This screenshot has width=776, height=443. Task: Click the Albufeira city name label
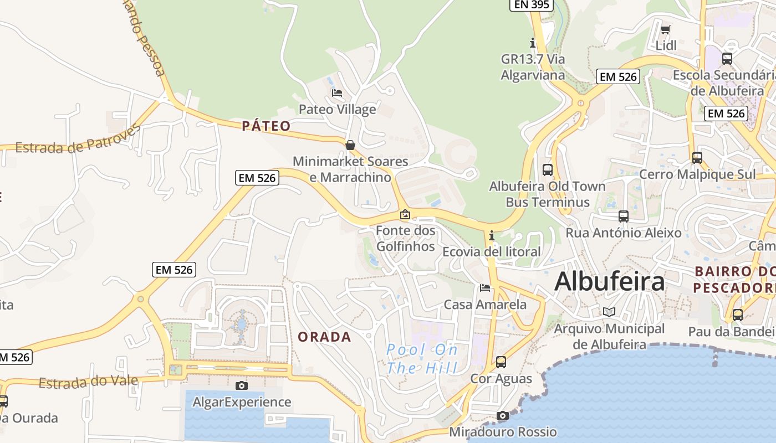point(609,281)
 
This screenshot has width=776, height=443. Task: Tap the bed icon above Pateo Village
point(336,92)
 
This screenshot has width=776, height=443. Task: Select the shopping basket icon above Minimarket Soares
point(350,145)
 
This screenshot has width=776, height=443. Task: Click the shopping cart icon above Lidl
point(666,29)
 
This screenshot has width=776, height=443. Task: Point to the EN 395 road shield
point(532,4)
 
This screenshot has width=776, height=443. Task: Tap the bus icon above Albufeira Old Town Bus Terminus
point(548,169)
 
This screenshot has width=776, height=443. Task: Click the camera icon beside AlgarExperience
point(242,385)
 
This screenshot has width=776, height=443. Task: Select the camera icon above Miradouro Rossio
point(503,415)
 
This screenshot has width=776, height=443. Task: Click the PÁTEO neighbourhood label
point(266,126)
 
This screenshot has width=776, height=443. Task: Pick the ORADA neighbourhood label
point(324,337)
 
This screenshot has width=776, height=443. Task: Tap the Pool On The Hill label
point(422,359)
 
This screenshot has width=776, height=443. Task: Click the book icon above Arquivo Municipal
point(609,312)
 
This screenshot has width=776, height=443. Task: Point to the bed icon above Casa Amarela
point(485,287)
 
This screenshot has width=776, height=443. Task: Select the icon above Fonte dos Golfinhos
point(406,214)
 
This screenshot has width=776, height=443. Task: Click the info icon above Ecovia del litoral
point(492,236)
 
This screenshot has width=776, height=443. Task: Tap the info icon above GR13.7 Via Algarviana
point(533,42)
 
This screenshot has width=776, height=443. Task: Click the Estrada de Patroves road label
point(78,140)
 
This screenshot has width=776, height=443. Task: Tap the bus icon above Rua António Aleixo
point(624,217)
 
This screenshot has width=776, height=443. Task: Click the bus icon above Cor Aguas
point(501,362)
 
